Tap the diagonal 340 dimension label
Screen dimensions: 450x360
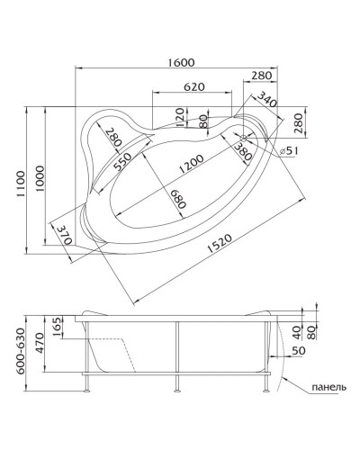click(x=265, y=96)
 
